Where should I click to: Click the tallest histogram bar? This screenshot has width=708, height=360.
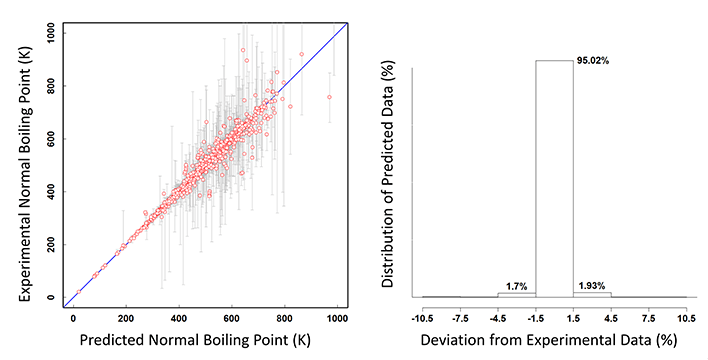point(554,180)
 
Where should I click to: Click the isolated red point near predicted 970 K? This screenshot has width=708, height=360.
point(329,97)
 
